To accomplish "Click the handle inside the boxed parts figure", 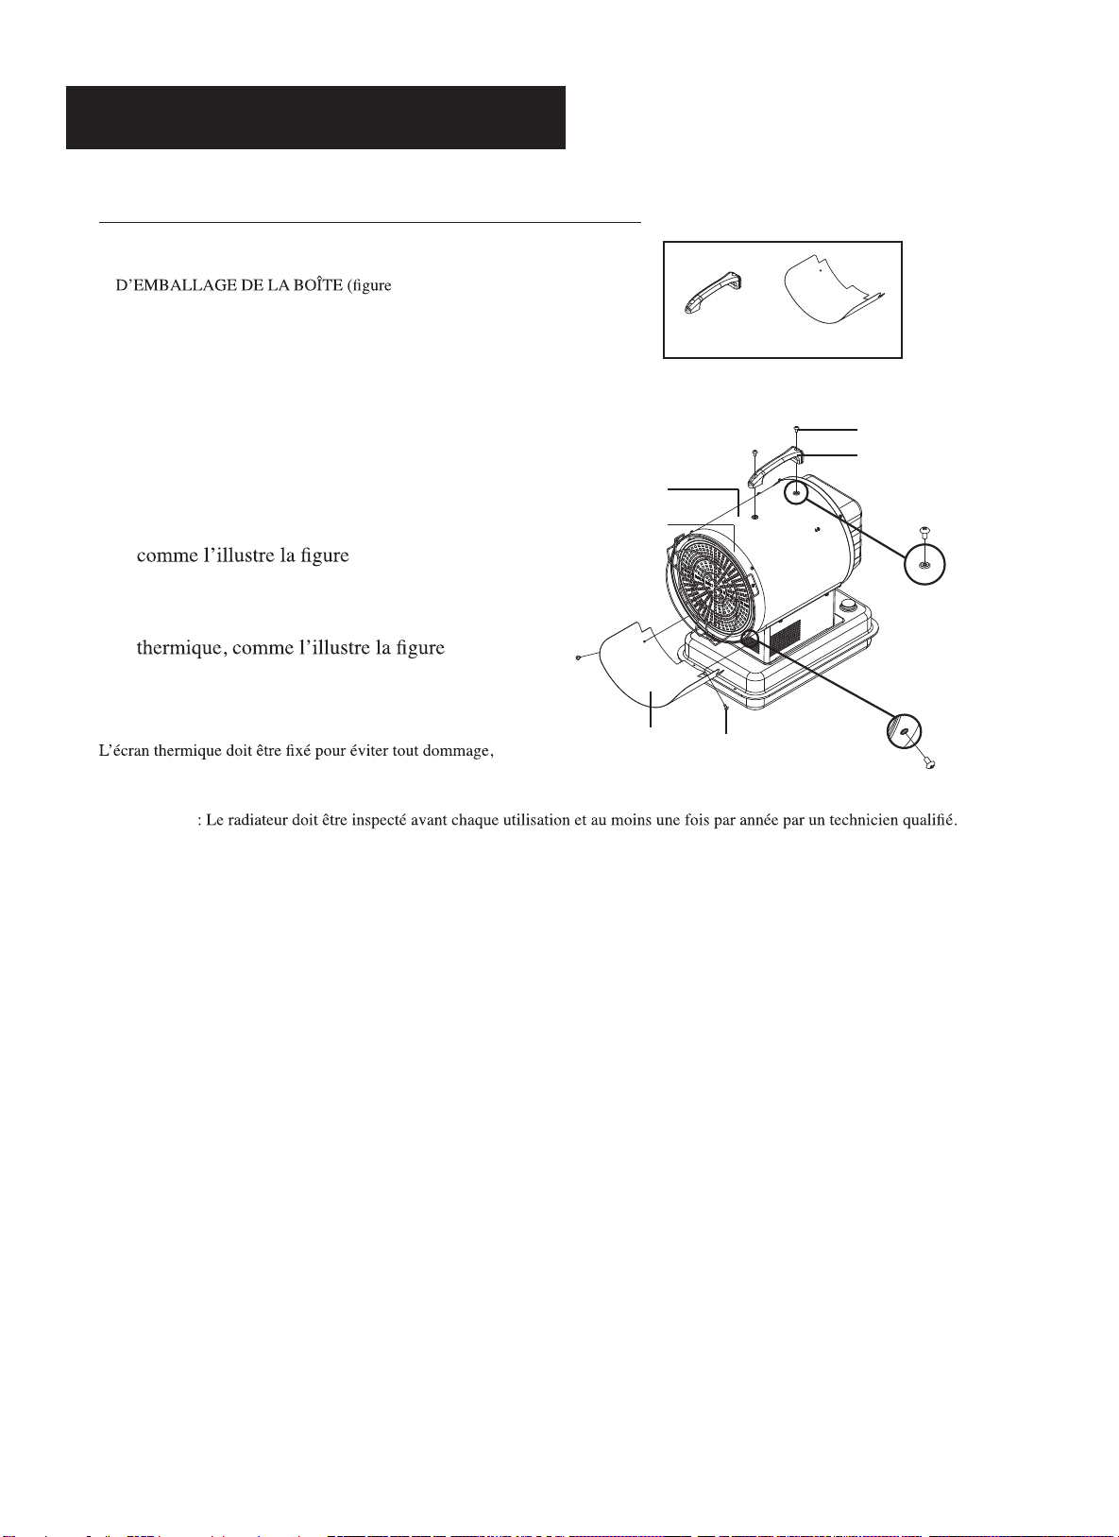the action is [x=714, y=295].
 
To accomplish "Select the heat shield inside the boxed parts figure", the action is [x=832, y=291].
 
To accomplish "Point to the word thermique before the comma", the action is [x=179, y=648].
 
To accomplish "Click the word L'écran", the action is [x=125, y=751].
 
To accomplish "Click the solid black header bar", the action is [x=315, y=117].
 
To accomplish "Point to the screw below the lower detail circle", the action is [x=929, y=762].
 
